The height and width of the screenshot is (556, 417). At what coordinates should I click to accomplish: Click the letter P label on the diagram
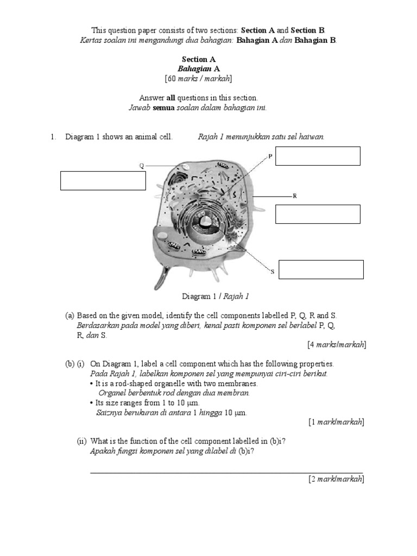270,156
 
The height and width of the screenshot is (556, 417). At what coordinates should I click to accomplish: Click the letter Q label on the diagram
142,166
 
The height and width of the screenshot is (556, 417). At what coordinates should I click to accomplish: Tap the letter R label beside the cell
294,195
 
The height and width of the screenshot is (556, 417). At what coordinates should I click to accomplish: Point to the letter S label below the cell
273,271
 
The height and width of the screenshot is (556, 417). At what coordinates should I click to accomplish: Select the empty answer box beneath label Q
103,181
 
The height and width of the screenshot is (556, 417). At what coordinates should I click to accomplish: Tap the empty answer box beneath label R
318,214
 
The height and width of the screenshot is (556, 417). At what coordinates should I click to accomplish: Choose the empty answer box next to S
321,269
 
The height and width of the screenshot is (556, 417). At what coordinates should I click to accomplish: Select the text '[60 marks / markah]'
199,79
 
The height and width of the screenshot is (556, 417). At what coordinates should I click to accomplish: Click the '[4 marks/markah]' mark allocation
336,344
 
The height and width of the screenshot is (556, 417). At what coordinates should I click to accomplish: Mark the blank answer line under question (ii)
226,472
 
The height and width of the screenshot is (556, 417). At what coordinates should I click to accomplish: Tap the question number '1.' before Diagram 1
53,137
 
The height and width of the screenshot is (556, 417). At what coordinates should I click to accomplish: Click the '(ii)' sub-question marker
81,441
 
